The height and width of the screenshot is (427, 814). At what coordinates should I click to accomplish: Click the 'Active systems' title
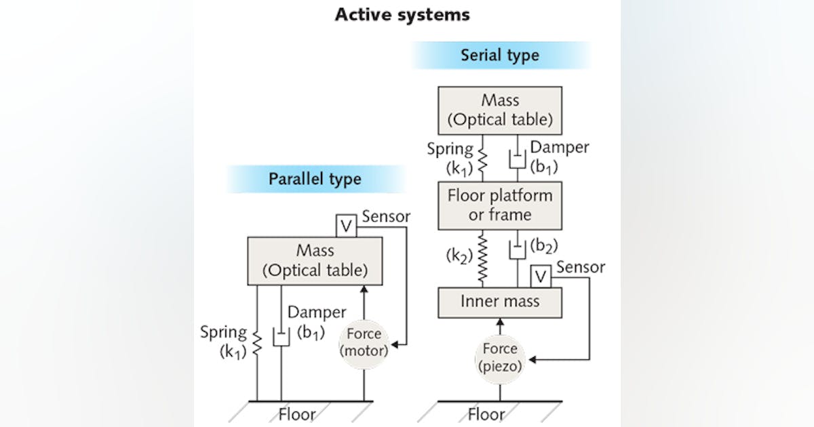(402, 14)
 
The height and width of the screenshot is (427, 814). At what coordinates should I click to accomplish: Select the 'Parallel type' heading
(315, 179)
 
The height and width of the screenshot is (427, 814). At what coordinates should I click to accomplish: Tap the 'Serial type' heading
(499, 55)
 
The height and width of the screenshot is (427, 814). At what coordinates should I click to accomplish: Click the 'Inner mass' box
(500, 302)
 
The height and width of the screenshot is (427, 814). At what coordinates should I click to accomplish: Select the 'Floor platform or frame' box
(500, 205)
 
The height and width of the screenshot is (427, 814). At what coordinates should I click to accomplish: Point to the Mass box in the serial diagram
(500, 110)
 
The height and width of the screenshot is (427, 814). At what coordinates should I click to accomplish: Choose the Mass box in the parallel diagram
(315, 261)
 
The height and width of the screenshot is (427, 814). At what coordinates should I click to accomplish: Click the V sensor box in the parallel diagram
(346, 226)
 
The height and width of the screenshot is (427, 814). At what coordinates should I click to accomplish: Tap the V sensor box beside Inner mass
(540, 276)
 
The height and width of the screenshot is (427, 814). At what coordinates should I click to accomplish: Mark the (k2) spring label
(458, 256)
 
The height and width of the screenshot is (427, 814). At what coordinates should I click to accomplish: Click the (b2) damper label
(541, 244)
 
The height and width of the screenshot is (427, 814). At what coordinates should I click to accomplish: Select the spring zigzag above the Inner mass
(484, 258)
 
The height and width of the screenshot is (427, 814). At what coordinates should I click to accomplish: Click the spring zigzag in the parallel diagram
(257, 342)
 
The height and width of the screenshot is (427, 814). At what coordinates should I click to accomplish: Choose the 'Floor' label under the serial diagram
(487, 414)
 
